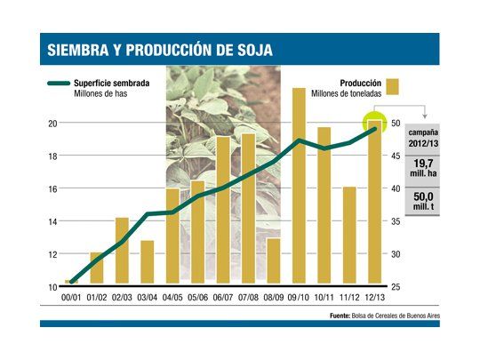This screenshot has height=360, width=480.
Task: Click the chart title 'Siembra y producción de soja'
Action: click(160, 50)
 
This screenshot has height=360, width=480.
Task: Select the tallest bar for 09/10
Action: click(300, 187)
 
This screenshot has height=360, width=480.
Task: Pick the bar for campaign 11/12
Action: click(349, 236)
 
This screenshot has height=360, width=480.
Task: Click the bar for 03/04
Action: click(148, 263)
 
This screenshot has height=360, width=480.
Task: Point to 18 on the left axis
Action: click(52, 156)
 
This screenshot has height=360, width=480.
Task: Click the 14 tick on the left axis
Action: click(52, 221)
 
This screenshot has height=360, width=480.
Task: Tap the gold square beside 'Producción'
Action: click(393, 86)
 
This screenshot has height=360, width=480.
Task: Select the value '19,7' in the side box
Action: click(421, 164)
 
